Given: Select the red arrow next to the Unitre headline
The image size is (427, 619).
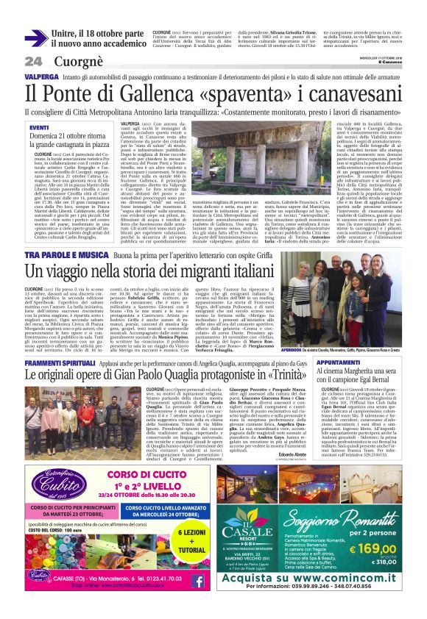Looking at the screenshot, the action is point(35,37).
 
